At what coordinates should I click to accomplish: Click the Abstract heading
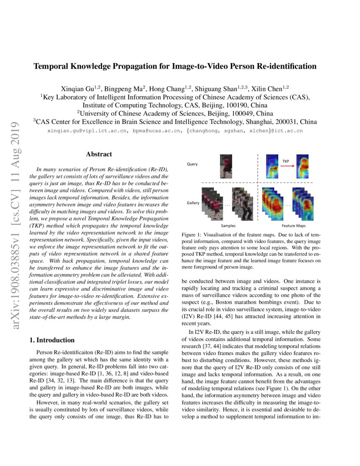[99, 155]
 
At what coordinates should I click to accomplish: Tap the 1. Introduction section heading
[52, 340]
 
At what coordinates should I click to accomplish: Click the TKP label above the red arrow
[286, 161]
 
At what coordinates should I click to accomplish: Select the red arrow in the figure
[288, 166]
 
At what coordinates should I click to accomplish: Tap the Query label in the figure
[192, 164]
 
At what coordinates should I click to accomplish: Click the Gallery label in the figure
[193, 203]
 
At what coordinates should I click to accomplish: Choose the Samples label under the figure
[229, 226]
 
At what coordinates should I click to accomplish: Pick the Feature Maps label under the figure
[294, 226]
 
